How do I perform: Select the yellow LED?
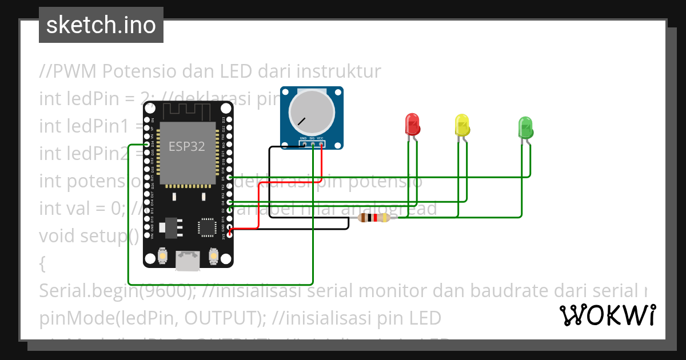[x=461, y=125]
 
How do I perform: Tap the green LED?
[x=525, y=126]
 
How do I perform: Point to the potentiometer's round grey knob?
[x=311, y=111]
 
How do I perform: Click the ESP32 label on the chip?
[x=186, y=146]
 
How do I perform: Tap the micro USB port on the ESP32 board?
[x=188, y=261]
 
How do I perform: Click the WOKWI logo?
[x=607, y=315]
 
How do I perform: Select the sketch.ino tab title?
[x=101, y=25]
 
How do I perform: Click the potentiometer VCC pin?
[x=321, y=144]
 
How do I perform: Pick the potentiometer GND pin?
[x=303, y=144]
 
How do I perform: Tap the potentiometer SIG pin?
[x=312, y=144]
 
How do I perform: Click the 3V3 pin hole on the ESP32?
[x=229, y=235]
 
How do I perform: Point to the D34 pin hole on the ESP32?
[x=147, y=145]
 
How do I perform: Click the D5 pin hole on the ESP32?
[x=229, y=178]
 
